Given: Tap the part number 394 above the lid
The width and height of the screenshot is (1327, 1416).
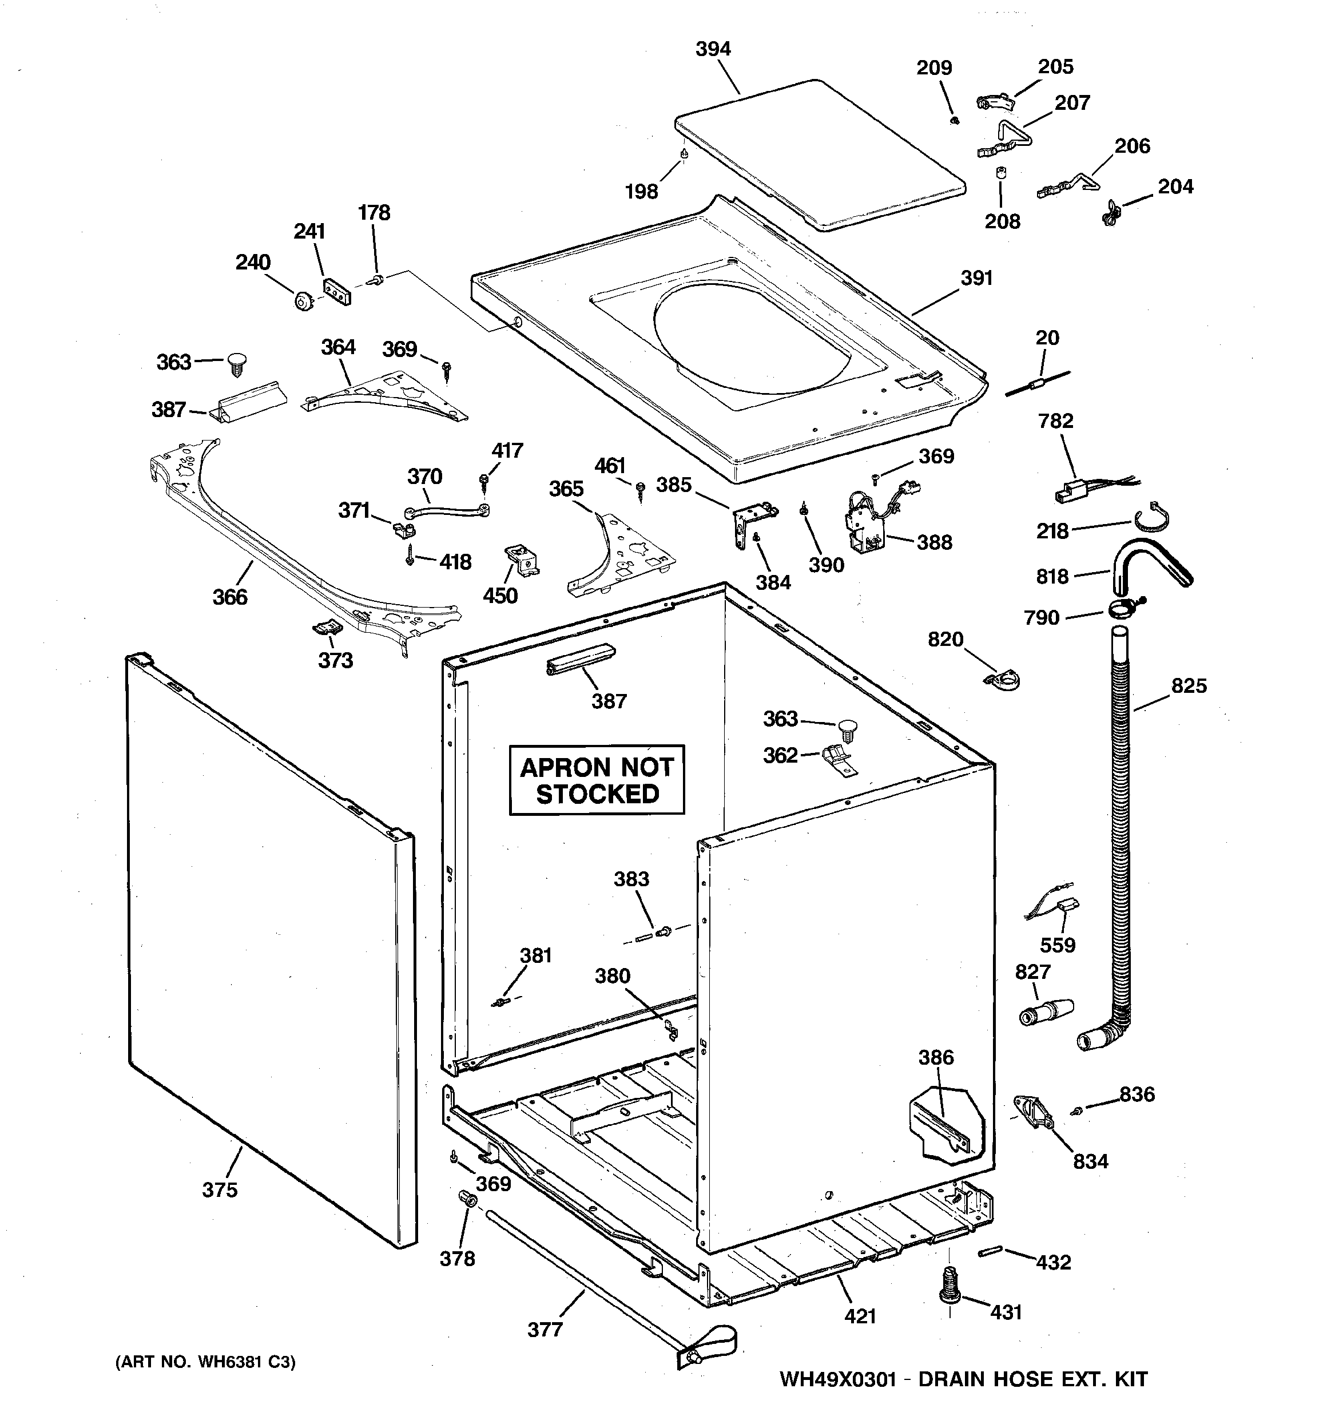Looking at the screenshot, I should pos(713,49).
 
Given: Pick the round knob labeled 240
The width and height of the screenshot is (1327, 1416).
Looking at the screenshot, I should pos(303,302).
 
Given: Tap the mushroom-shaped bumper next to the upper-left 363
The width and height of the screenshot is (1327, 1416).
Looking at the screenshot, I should pos(236,364).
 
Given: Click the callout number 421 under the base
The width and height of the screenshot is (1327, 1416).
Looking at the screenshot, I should pos(860,1316).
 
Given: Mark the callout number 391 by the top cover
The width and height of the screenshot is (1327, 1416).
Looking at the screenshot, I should pos(976,279).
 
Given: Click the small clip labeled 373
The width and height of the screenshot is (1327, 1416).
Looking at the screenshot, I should pos(328,627).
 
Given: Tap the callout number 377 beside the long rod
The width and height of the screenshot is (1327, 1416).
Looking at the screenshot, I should pos(545,1329).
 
